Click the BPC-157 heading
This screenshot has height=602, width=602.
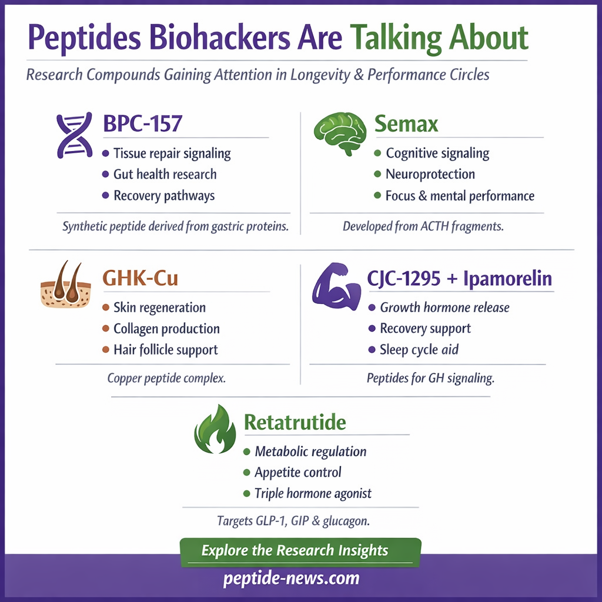142,125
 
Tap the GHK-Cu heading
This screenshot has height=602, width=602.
140,277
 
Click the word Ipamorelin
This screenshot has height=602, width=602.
509,278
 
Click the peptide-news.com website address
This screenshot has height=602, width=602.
291,578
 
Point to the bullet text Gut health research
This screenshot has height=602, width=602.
165,175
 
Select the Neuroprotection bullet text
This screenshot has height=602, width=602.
430,175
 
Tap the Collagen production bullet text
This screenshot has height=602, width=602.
166,329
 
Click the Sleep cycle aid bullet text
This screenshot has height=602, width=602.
419,350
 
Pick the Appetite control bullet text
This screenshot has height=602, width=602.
297,473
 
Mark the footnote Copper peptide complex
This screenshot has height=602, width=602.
166,378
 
